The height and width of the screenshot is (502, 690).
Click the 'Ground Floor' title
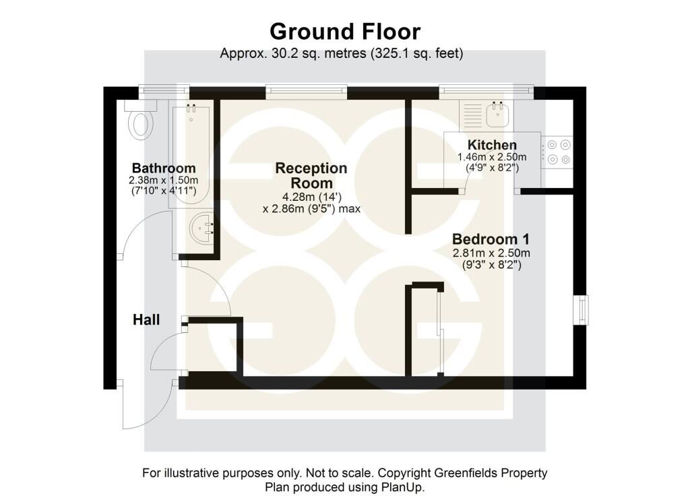coord(345,32)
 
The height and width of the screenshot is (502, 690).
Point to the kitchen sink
coord(498,115)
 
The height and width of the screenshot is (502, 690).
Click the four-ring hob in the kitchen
coord(557,152)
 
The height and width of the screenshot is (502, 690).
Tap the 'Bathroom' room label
coord(164,168)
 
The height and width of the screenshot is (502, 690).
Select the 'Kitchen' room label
coord(492,145)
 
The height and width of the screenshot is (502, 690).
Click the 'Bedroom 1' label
coord(491,239)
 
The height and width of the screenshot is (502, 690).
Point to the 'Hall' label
coord(146,320)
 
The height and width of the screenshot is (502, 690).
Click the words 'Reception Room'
coord(311,176)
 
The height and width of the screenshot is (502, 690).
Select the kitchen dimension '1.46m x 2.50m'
coord(492,157)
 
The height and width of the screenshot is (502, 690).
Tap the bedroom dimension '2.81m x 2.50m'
coord(491,253)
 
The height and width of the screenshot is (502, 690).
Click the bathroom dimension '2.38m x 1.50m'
coord(164,180)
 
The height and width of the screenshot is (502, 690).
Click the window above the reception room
coord(307,91)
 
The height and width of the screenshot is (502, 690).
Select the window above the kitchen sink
coord(487,91)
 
